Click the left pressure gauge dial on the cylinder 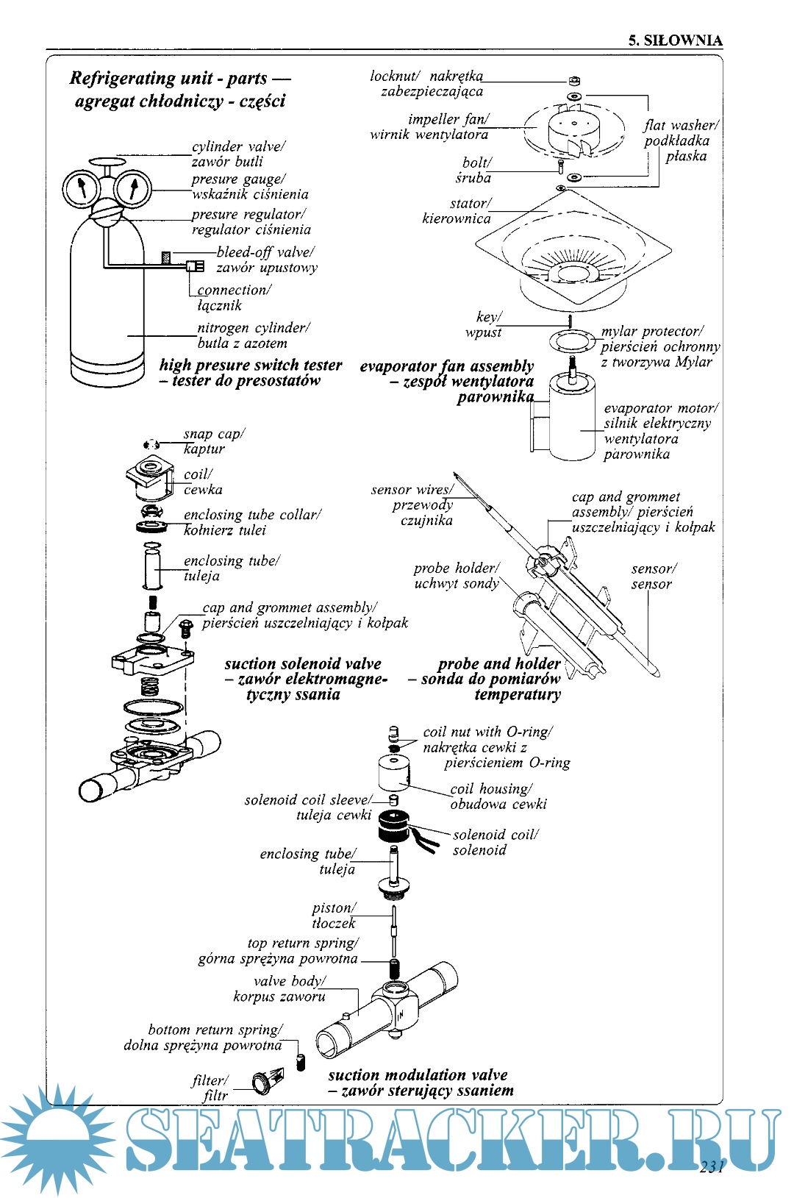click(x=80, y=189)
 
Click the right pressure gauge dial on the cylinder click(x=133, y=189)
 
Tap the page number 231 click(x=712, y=1166)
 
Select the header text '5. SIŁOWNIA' click(x=675, y=40)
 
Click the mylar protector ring click(x=571, y=341)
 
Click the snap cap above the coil click(x=151, y=444)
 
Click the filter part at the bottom click(x=262, y=1082)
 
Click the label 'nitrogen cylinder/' click(x=253, y=328)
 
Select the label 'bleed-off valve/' click(x=265, y=252)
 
